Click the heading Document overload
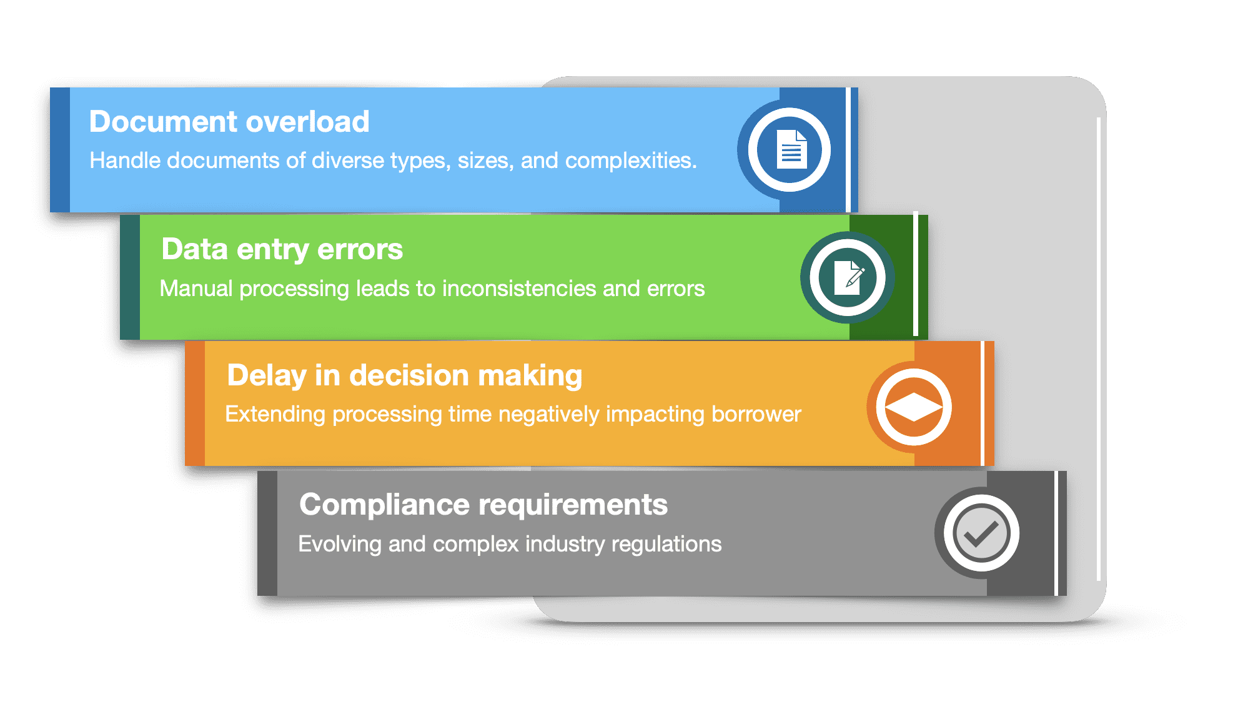point(229,122)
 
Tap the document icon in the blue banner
point(790,150)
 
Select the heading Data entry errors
point(282,249)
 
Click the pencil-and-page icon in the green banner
point(848,277)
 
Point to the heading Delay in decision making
point(404,376)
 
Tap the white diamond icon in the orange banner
point(913,407)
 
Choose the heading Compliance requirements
point(483,505)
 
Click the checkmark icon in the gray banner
point(981,533)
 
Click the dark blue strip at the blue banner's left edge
point(60,150)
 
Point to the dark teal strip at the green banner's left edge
point(130,277)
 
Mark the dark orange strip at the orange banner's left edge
point(195,403)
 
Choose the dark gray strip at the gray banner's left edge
point(267,533)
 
